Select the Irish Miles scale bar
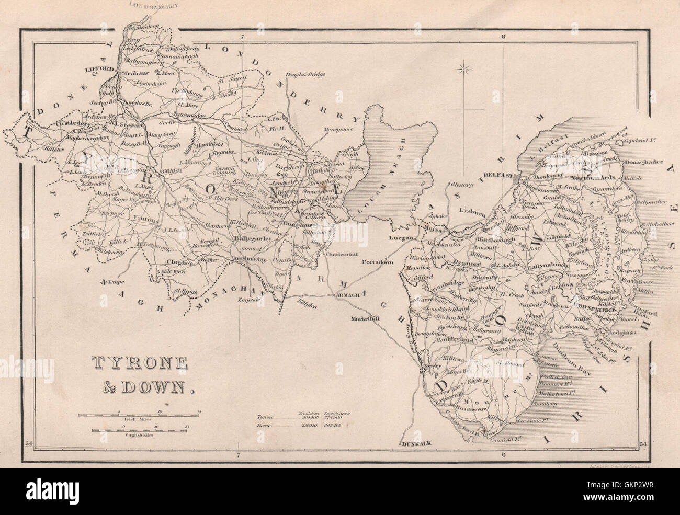139,415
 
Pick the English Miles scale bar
139,430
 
